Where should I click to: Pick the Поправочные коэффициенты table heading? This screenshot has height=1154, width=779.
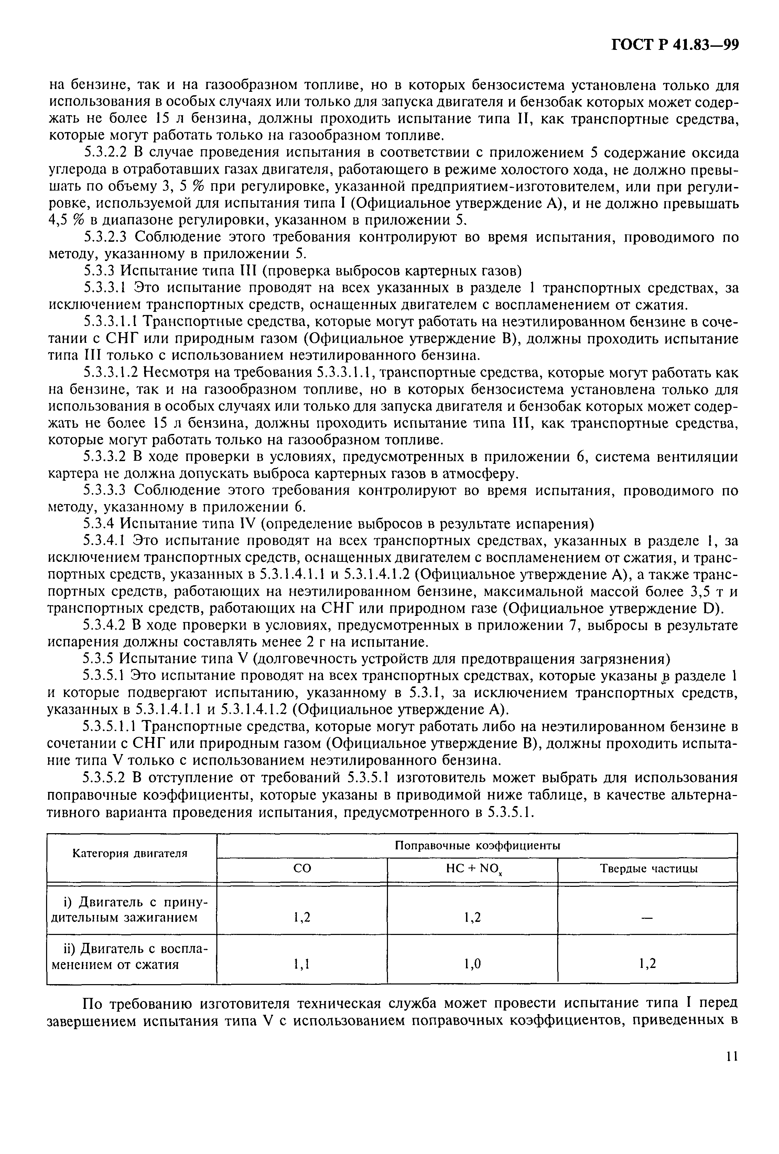(477, 845)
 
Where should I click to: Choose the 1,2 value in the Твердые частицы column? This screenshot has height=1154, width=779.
(647, 964)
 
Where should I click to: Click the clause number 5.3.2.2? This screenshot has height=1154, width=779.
(106, 152)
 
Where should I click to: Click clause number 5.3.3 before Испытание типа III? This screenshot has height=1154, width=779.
(98, 271)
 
